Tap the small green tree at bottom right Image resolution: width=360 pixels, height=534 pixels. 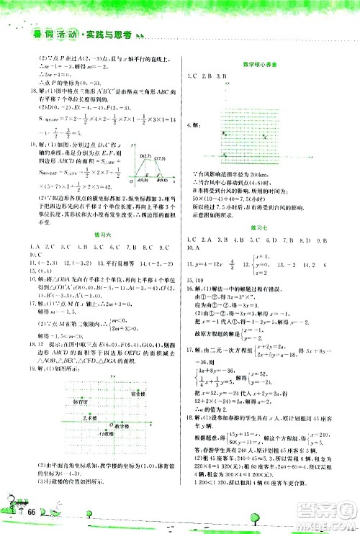coord(253,516)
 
